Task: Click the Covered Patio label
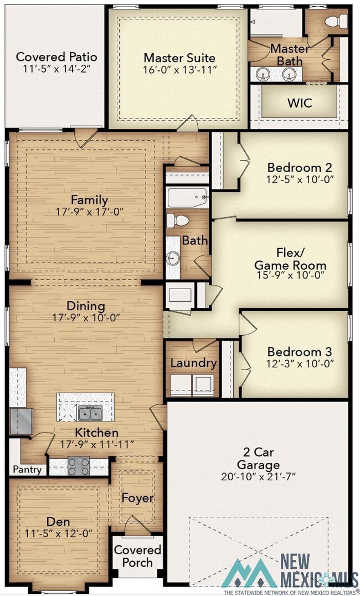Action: pyautogui.click(x=56, y=57)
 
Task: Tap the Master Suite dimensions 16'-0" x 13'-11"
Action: pyautogui.click(x=179, y=70)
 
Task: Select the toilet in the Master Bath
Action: pyautogui.click(x=336, y=21)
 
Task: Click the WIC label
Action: pyautogui.click(x=300, y=102)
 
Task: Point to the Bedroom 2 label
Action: pyautogui.click(x=300, y=167)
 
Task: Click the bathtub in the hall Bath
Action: pyautogui.click(x=188, y=197)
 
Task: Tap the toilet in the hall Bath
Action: pyautogui.click(x=178, y=220)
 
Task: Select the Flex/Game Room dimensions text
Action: pyautogui.click(x=290, y=275)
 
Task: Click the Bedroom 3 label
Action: pyautogui.click(x=300, y=352)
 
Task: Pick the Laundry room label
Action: pyautogui.click(x=193, y=363)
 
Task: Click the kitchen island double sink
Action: pyautogui.click(x=91, y=413)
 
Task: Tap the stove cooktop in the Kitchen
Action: pyautogui.click(x=79, y=466)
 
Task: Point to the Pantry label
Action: pyautogui.click(x=27, y=469)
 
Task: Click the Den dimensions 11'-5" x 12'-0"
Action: pyautogui.click(x=59, y=533)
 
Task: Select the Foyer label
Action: pyautogui.click(x=137, y=498)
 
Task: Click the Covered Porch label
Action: pyautogui.click(x=137, y=556)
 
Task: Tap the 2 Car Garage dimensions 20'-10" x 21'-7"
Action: pyautogui.click(x=258, y=476)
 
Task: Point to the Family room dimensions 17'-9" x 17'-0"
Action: pyautogui.click(x=90, y=212)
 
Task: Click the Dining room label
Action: pyautogui.click(x=86, y=306)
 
